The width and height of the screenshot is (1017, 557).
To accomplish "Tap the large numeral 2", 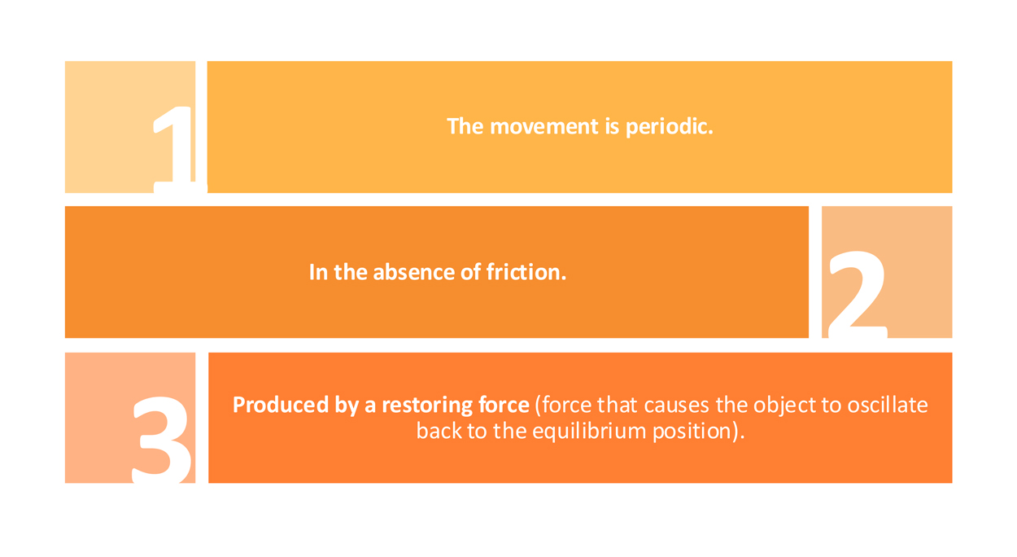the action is [858, 295].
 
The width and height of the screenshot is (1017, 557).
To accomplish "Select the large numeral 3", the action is [162, 439].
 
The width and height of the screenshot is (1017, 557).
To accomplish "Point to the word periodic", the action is [670, 126].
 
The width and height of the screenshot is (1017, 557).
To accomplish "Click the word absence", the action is [413, 272].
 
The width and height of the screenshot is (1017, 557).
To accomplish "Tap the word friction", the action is [526, 272].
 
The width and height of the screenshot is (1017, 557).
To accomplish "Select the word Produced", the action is [281, 405].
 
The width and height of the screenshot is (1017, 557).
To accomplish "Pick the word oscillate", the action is [888, 405].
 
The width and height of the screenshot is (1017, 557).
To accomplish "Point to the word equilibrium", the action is [589, 431].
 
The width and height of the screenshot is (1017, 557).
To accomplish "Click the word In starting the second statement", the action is [318, 272].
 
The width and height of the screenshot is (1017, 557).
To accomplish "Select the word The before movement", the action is [465, 126].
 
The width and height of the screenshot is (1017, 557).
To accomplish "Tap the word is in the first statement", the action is [612, 126].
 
